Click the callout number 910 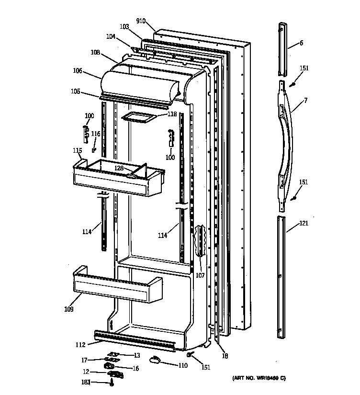[x=140, y=21]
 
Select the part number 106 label [x=78, y=71]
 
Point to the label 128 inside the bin [x=119, y=168]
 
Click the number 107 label [x=200, y=275]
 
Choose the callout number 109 [x=68, y=309]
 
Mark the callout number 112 [x=80, y=345]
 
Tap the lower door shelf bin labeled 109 [x=117, y=287]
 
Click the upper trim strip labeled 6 [x=282, y=48]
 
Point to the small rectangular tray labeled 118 [x=139, y=117]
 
